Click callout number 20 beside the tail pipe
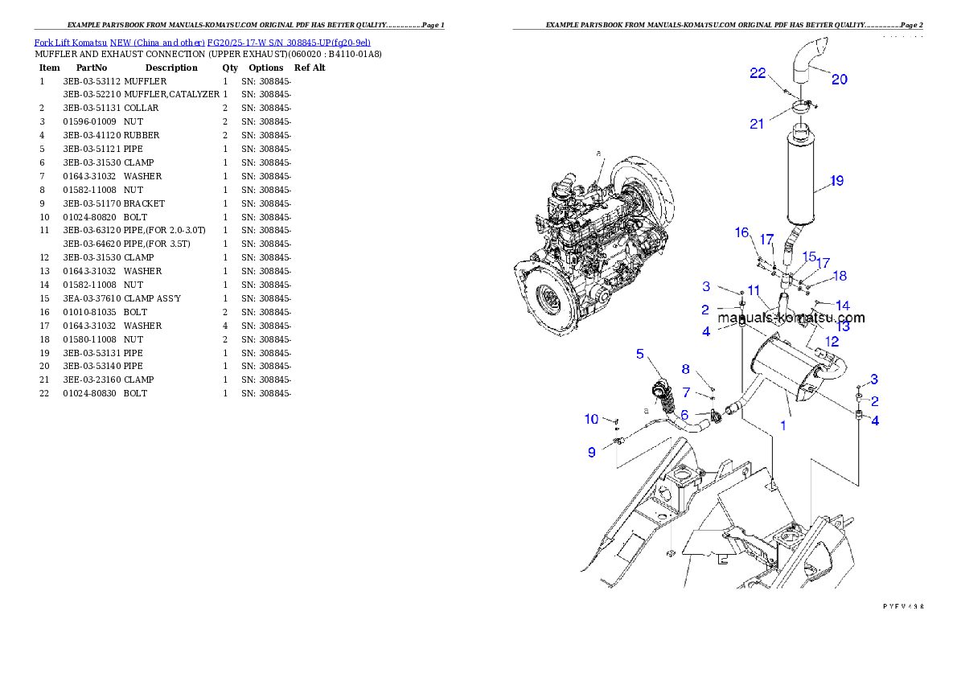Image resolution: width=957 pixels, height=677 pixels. [x=839, y=79]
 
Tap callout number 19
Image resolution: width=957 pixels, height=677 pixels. [x=836, y=181]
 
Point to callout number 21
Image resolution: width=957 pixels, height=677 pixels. [x=757, y=123]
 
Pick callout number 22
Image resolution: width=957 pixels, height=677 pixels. [x=758, y=73]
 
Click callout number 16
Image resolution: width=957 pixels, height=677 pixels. [x=741, y=232]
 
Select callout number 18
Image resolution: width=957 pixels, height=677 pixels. [x=840, y=276]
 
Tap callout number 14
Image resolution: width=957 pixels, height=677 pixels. [x=842, y=306]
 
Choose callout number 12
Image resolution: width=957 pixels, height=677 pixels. [x=832, y=342]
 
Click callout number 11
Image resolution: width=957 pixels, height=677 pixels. [x=754, y=290]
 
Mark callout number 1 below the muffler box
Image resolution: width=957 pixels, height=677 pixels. [x=783, y=425]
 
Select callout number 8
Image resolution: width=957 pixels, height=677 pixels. [x=685, y=369]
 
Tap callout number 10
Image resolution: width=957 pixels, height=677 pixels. [x=591, y=419]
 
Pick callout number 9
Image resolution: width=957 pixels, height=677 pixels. [x=592, y=453]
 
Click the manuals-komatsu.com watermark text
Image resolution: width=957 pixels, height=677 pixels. [x=791, y=318]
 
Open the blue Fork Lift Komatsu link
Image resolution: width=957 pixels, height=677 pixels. [x=202, y=43]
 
